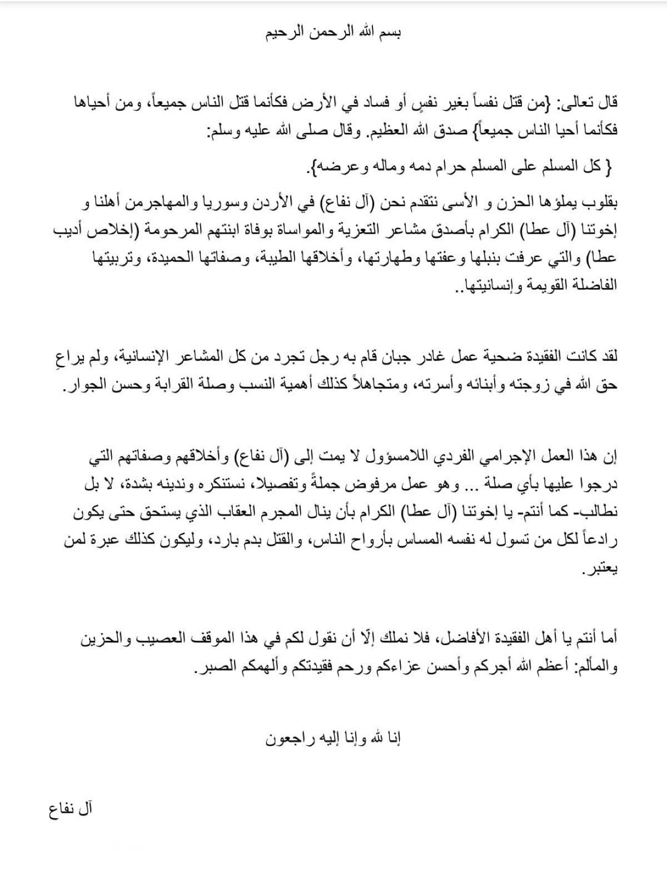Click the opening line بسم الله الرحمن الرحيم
click(333, 32)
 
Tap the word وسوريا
click(228, 203)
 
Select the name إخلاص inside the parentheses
click(102, 231)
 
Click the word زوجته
click(547, 385)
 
